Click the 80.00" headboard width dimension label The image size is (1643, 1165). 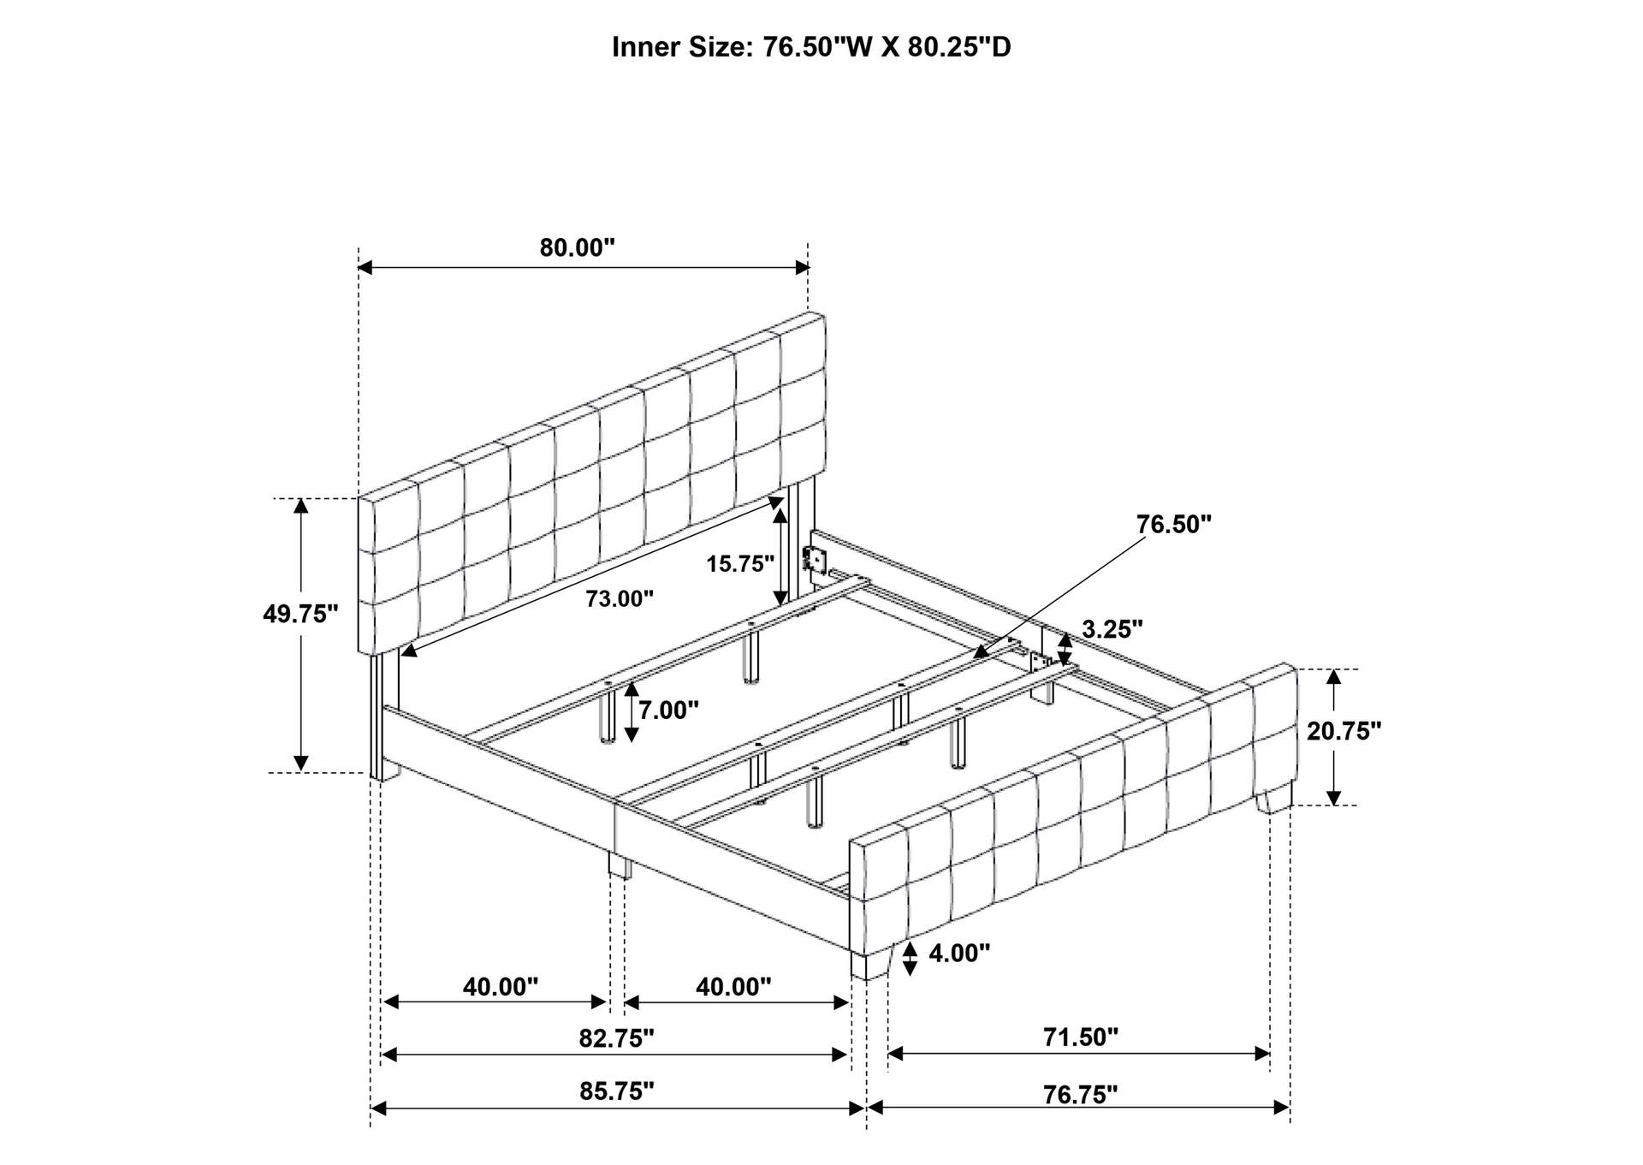[577, 248]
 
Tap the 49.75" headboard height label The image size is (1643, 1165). [300, 614]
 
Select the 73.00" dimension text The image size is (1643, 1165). [620, 598]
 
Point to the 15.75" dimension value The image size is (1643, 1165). [739, 563]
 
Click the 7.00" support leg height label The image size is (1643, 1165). [668, 710]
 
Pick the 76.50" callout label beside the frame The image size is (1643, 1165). [1174, 524]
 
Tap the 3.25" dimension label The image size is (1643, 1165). [1112, 629]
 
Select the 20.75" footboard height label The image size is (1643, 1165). [1344, 731]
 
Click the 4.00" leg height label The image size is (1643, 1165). [959, 953]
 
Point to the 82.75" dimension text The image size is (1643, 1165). [616, 1038]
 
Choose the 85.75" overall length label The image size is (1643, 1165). [616, 1091]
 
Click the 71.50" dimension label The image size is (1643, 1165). [1080, 1037]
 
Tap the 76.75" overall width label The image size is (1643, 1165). [1080, 1095]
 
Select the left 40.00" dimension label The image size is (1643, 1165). [501, 987]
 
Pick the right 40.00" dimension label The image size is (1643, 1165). [733, 987]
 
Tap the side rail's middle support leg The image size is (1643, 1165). [620, 865]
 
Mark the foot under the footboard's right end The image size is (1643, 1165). [1275, 799]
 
